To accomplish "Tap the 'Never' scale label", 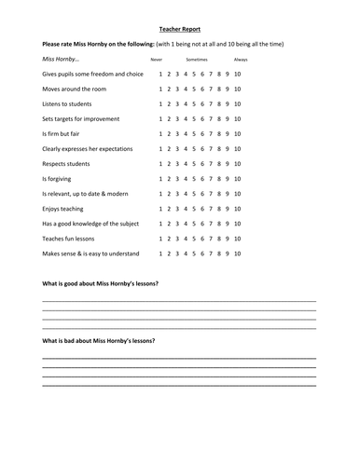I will (x=157, y=59).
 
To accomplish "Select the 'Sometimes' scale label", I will (x=197, y=59).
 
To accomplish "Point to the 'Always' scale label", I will (x=241, y=59).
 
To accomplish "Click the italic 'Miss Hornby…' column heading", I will (x=61, y=59).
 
